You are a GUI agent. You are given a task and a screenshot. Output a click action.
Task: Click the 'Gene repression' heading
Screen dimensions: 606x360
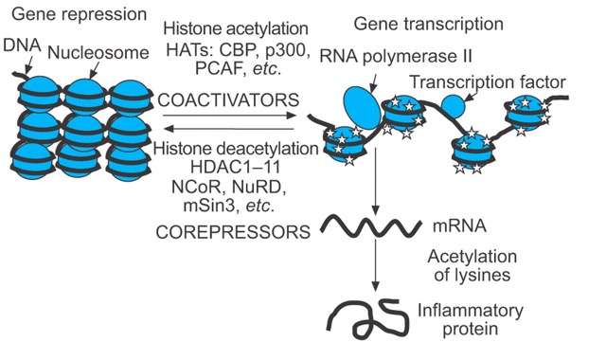(x=80, y=15)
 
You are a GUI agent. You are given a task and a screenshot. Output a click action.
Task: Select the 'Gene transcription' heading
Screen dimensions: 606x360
(x=429, y=24)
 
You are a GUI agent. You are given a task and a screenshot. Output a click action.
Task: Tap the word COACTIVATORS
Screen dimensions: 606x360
(x=228, y=100)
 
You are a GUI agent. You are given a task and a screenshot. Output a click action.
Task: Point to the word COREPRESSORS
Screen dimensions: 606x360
(x=233, y=232)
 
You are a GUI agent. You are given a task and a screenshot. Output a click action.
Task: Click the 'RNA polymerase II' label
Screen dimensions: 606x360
(x=396, y=57)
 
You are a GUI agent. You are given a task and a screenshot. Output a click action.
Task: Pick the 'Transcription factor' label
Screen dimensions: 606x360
(x=488, y=82)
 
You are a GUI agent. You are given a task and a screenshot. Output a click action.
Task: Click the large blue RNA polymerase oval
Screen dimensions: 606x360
(x=362, y=108)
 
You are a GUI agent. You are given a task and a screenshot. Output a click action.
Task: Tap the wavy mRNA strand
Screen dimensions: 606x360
(x=371, y=226)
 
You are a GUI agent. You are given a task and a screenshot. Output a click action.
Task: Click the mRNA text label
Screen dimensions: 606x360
(x=459, y=226)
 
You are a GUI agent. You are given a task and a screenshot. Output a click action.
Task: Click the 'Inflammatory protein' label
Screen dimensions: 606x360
(x=471, y=319)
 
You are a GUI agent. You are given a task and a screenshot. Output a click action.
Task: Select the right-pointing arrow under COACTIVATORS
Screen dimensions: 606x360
(x=229, y=116)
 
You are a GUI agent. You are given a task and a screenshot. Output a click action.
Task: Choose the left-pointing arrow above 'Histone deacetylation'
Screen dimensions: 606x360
(x=229, y=129)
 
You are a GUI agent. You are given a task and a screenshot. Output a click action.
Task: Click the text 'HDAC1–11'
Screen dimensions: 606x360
(x=235, y=168)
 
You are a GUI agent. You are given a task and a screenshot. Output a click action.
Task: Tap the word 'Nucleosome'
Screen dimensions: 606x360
(x=98, y=53)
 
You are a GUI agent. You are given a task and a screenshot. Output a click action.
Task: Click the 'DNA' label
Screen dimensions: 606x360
(x=22, y=45)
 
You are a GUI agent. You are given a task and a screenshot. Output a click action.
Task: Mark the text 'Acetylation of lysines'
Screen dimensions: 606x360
(x=472, y=265)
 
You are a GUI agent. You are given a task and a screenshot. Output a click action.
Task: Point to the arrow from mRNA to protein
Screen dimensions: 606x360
(x=375, y=265)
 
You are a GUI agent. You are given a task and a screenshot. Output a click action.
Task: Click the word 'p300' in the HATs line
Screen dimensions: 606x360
(x=288, y=50)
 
